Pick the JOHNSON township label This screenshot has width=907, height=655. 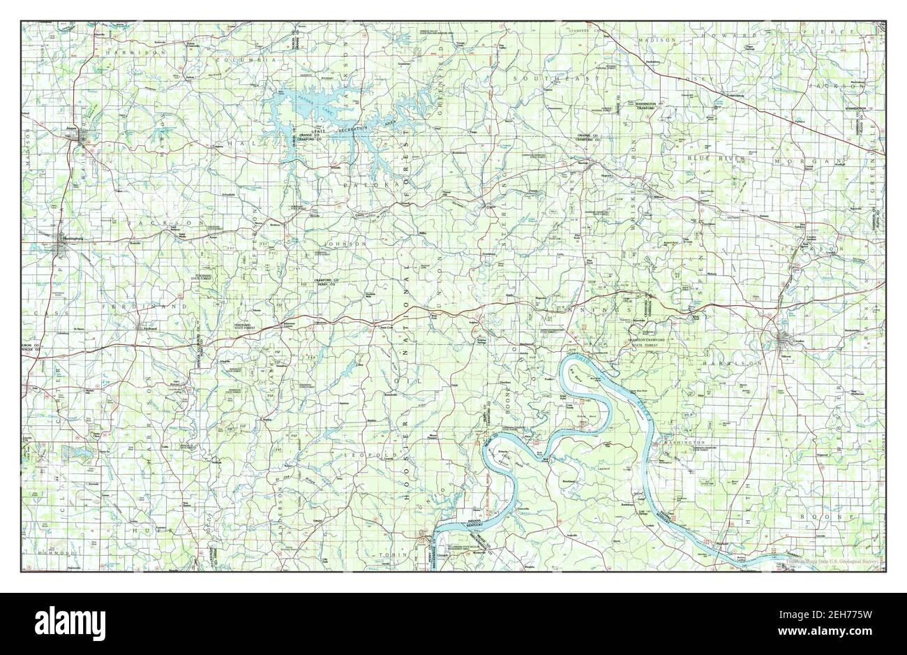(x=343, y=244)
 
